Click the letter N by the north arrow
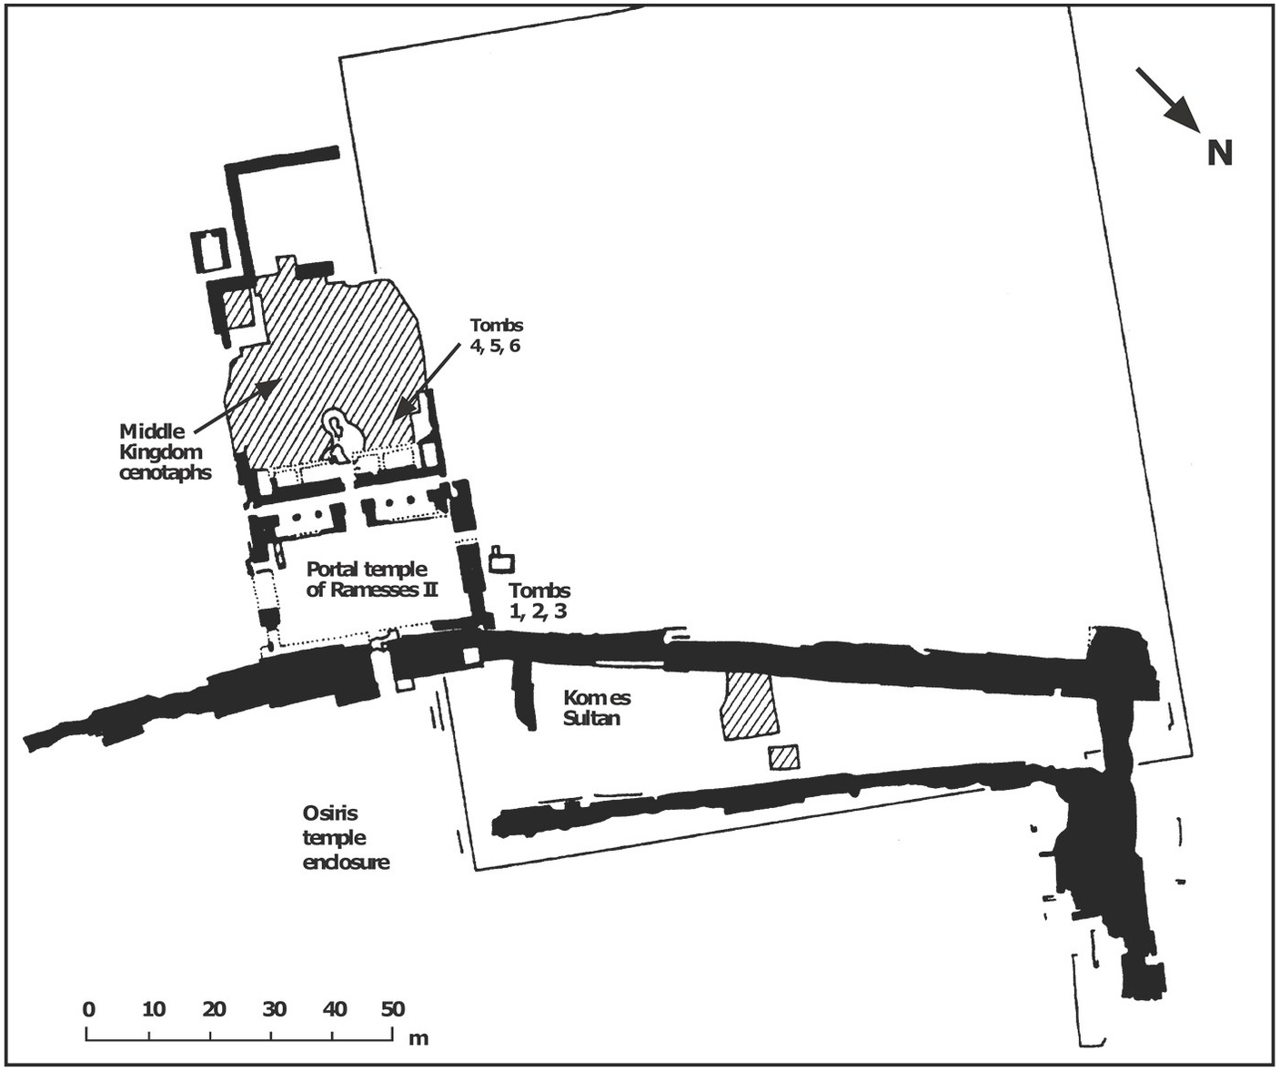(1219, 153)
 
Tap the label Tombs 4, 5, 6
(496, 335)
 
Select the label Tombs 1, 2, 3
(539, 601)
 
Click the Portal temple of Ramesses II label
(368, 579)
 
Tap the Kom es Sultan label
(596, 708)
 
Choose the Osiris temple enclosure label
(346, 837)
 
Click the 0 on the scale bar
(88, 1009)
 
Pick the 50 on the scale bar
(392, 1009)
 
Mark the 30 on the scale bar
(274, 1009)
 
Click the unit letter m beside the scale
(418, 1038)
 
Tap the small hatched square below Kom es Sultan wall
(783, 756)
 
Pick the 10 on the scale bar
(154, 1009)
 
